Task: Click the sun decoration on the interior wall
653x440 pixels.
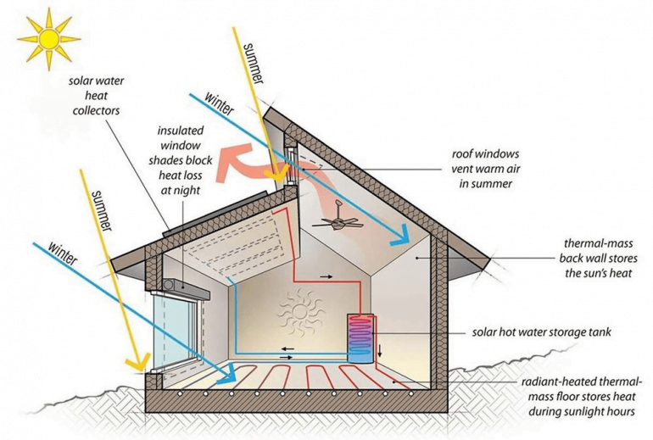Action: [299, 311]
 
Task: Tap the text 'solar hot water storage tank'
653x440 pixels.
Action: [543, 331]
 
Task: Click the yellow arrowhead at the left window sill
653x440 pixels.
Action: [134, 366]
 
